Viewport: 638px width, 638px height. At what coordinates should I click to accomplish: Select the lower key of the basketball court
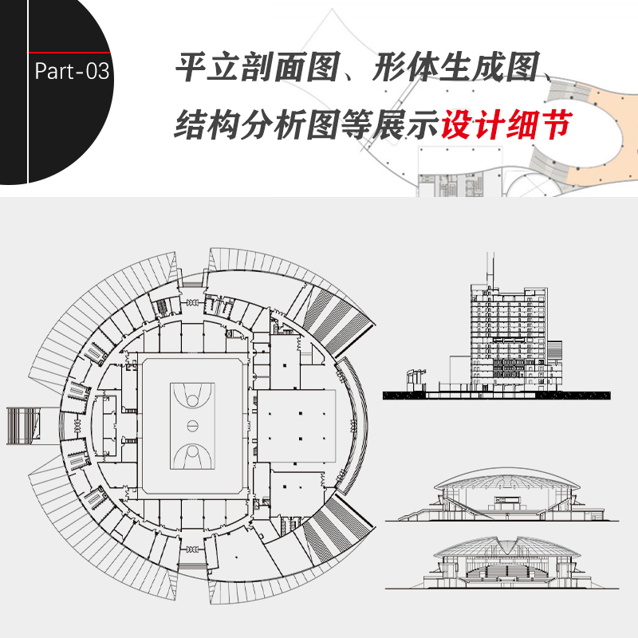tap(192, 455)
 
